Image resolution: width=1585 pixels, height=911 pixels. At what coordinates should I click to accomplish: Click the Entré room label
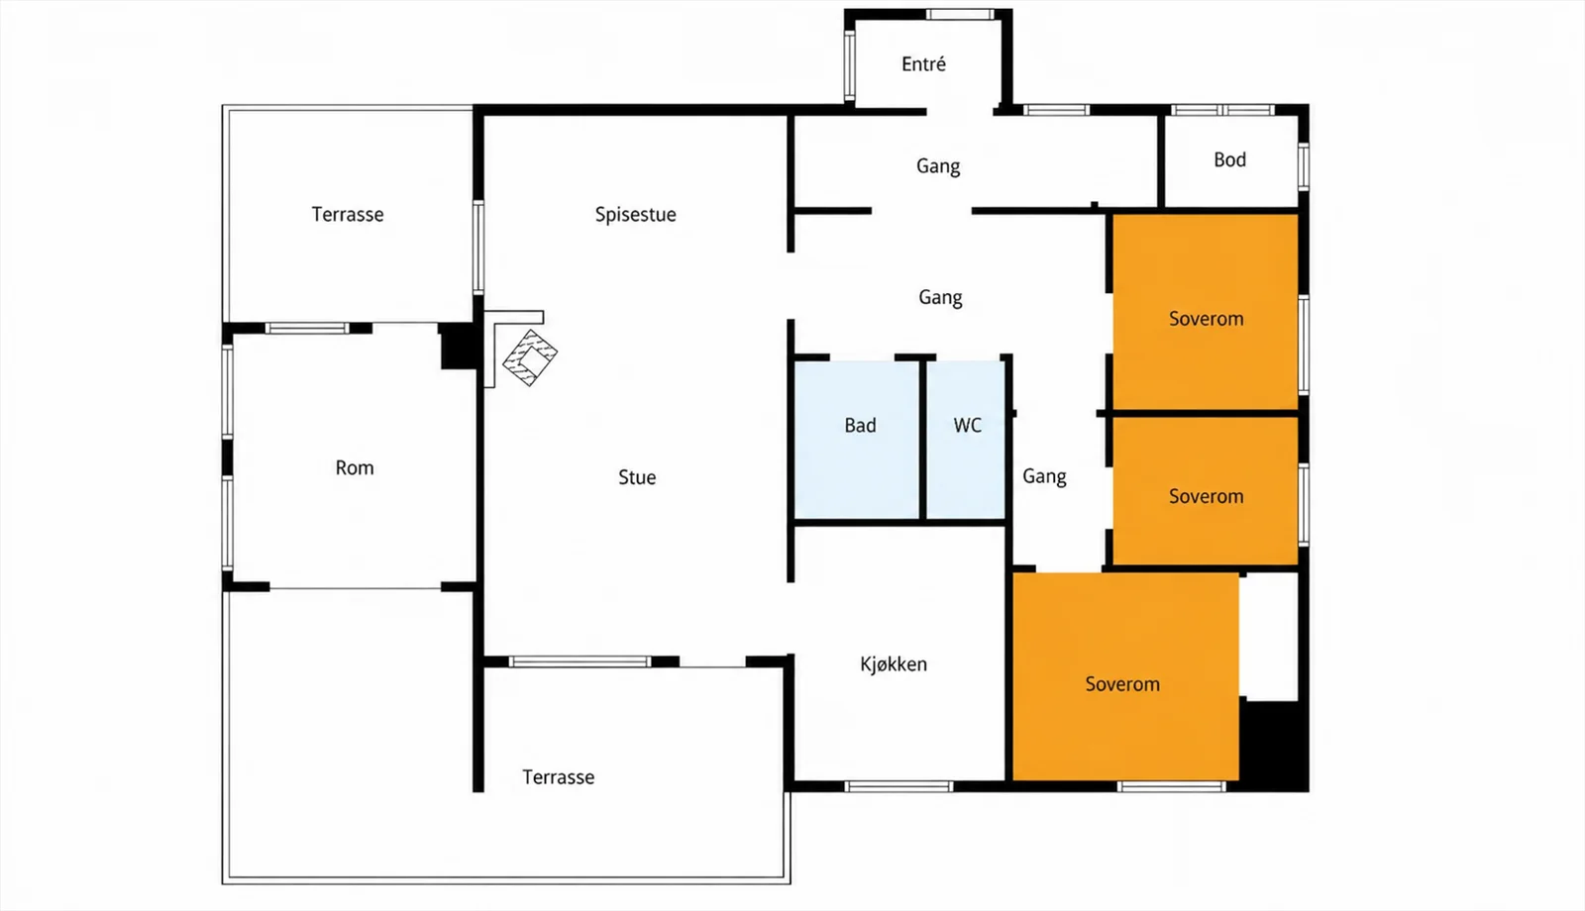tap(923, 64)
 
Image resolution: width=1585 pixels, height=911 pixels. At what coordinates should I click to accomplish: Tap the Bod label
tap(1229, 159)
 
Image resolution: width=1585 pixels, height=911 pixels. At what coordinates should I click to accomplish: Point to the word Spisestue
tap(635, 214)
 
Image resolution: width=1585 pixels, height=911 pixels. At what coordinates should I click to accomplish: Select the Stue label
tap(637, 477)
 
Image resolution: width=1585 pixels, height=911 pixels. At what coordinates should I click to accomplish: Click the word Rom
tap(355, 467)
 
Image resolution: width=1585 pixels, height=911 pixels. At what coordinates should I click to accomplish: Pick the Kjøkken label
tap(894, 664)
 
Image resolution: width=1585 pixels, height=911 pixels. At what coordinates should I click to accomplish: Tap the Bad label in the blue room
tap(861, 425)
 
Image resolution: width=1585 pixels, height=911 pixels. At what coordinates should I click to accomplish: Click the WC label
tap(967, 425)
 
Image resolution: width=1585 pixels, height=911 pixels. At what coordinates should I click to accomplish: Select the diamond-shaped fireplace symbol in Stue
tap(530, 357)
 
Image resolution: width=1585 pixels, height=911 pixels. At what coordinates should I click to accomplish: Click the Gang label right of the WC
tap(1044, 476)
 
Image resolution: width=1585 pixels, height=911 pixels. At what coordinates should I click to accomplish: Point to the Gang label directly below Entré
tap(938, 166)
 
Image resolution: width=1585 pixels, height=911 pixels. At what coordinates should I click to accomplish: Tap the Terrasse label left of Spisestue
tap(348, 214)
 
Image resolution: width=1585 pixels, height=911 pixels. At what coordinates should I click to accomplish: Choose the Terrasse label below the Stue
tap(559, 777)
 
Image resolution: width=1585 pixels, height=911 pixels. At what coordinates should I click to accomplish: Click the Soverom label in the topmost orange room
tap(1206, 319)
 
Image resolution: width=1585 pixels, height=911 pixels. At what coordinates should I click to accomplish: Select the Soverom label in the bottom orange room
tap(1122, 684)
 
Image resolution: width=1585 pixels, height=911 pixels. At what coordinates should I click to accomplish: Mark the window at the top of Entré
tap(960, 14)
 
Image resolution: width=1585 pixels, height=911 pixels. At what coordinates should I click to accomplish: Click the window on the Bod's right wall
tap(1304, 166)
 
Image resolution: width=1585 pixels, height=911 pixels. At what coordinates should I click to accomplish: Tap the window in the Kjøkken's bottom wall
tap(898, 786)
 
